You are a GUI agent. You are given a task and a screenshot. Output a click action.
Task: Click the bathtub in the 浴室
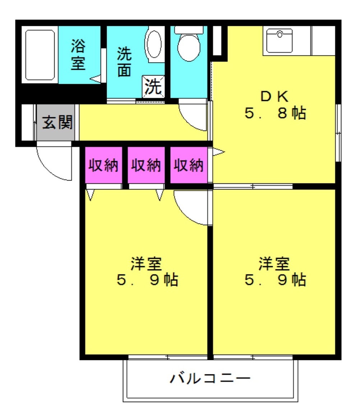(x=40, y=55)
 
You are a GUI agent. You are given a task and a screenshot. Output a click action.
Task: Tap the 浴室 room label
(x=78, y=55)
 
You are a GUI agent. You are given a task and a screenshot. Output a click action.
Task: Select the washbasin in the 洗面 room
(x=154, y=44)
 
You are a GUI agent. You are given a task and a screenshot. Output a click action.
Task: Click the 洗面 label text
(x=124, y=61)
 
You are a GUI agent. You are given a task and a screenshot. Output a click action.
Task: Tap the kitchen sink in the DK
(x=279, y=41)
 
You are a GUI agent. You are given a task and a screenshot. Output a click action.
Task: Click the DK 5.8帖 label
(x=275, y=105)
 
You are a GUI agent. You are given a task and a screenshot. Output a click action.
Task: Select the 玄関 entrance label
(x=57, y=122)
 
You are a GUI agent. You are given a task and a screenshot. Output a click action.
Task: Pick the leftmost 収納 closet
(x=103, y=165)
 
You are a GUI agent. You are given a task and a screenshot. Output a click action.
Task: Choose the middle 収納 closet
(x=146, y=165)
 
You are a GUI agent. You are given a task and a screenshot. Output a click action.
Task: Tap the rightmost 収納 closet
(x=189, y=165)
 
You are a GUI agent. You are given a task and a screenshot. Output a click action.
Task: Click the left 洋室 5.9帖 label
(x=147, y=272)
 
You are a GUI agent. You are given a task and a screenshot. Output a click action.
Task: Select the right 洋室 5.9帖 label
(x=275, y=272)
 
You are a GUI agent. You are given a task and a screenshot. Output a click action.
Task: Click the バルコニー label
(x=210, y=378)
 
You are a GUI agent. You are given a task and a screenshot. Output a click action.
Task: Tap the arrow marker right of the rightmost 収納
(x=218, y=152)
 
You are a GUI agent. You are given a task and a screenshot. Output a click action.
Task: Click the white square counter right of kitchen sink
(x=323, y=41)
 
